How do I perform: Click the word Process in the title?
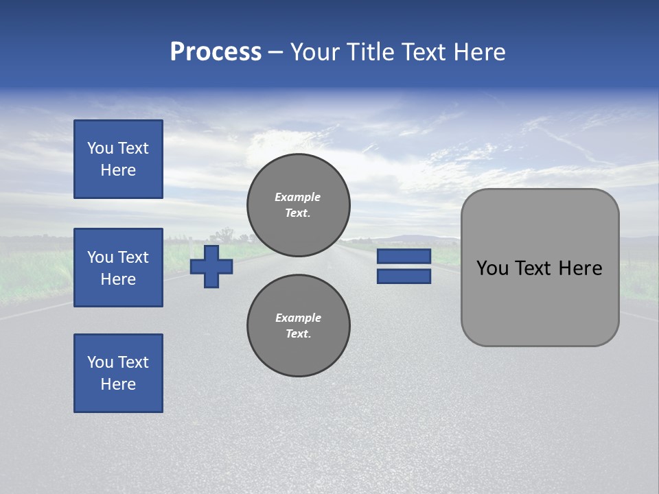[x=216, y=52]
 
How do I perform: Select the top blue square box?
[x=118, y=159]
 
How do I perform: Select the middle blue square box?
[x=118, y=268]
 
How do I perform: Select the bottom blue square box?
[x=118, y=373]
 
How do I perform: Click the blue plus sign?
[x=211, y=266]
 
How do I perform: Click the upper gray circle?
[x=298, y=205]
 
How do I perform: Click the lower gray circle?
[x=298, y=326]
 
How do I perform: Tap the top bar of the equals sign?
[x=404, y=257]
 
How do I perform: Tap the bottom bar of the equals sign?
[x=404, y=277]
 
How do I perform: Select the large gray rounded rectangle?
[x=540, y=302]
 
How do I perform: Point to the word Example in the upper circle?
[x=298, y=197]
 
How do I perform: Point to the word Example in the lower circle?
[x=298, y=318]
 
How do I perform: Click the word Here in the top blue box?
[x=118, y=170]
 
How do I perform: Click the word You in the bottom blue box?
[x=100, y=362]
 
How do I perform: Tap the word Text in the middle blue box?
[x=132, y=257]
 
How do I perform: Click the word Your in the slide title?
[x=316, y=52]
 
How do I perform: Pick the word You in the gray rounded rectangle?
[x=492, y=268]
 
